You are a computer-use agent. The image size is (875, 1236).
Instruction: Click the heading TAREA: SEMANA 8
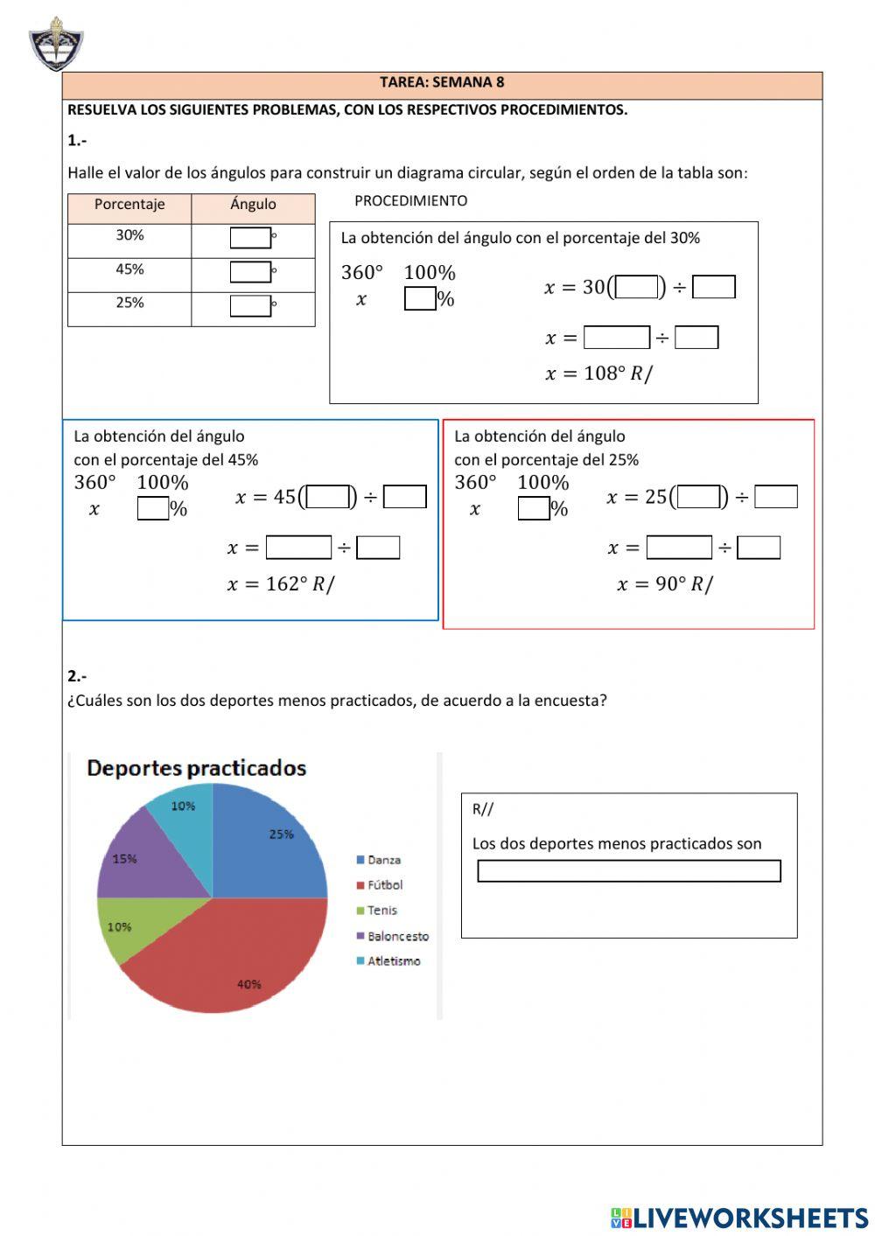pyautogui.click(x=442, y=82)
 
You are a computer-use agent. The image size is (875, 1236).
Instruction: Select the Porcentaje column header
pyautogui.click(x=129, y=205)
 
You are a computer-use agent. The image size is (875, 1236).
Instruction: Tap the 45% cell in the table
pyautogui.click(x=129, y=269)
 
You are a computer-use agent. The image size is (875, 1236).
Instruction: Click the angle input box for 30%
pyautogui.click(x=250, y=238)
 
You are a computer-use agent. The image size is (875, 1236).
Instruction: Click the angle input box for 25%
pyautogui.click(x=250, y=306)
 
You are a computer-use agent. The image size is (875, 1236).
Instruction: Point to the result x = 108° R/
pyautogui.click(x=598, y=374)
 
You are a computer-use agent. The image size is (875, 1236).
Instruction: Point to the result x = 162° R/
pyautogui.click(x=280, y=584)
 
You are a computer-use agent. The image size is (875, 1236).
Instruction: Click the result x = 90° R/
pyautogui.click(x=665, y=584)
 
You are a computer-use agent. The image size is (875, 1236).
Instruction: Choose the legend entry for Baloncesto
pyautogui.click(x=397, y=936)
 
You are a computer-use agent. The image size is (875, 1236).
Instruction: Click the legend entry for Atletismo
pyautogui.click(x=393, y=961)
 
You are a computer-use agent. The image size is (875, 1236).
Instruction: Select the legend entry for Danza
pyautogui.click(x=383, y=861)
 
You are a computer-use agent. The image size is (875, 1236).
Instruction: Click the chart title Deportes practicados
pyautogui.click(x=197, y=769)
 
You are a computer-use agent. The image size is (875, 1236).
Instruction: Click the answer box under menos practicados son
pyautogui.click(x=628, y=871)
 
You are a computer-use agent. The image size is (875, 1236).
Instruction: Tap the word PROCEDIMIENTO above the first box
pyautogui.click(x=410, y=201)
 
